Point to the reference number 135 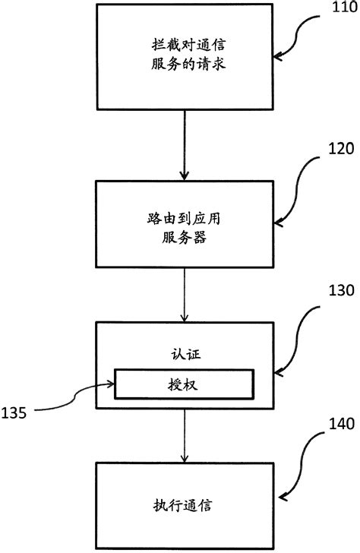17,413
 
